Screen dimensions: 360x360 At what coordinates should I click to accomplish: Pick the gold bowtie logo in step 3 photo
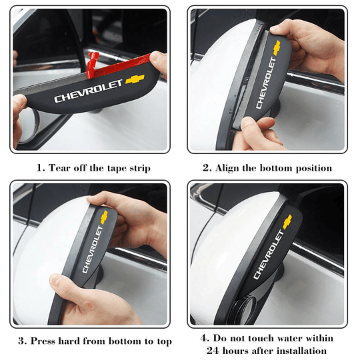click(x=104, y=215)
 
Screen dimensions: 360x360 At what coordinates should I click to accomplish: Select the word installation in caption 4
click(x=299, y=350)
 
